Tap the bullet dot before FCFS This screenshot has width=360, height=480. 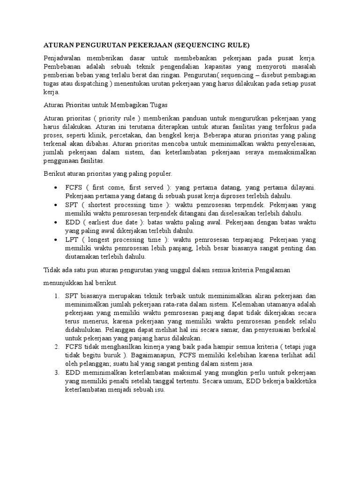(x=56, y=187)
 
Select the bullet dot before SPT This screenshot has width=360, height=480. (x=56, y=205)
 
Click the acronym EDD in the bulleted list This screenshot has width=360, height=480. (x=74, y=222)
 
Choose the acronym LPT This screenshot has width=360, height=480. (x=73, y=240)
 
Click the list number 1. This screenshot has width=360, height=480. (x=56, y=296)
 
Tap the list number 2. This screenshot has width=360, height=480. (x=56, y=346)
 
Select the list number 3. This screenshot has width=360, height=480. (x=56, y=372)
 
